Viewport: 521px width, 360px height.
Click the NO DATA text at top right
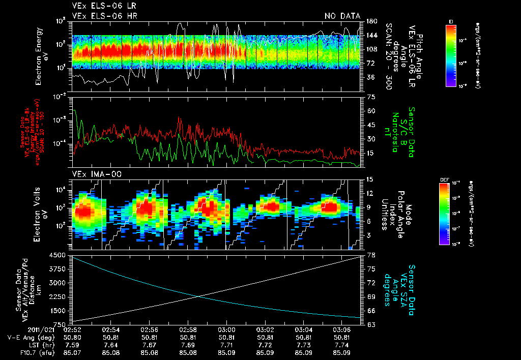(x=342, y=16)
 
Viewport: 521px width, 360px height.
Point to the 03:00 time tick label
(x=226, y=329)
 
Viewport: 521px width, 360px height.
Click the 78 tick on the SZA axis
(x=371, y=255)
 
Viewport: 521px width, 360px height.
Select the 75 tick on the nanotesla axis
(x=371, y=96)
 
